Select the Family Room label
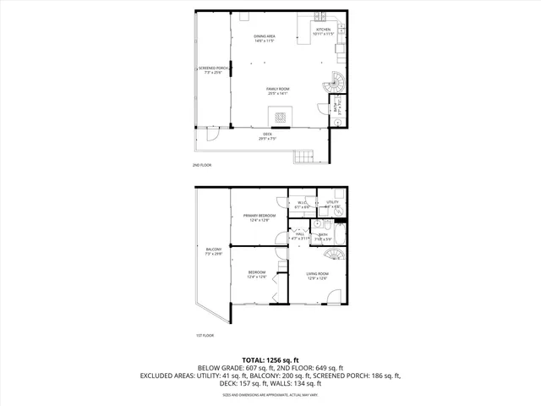[278, 91]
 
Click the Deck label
[267, 136]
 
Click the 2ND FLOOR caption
[202, 164]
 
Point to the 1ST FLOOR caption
[205, 335]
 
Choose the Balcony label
[213, 251]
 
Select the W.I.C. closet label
[302, 204]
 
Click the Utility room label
[332, 204]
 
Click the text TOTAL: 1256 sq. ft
[270, 359]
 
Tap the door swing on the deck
[212, 136]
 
